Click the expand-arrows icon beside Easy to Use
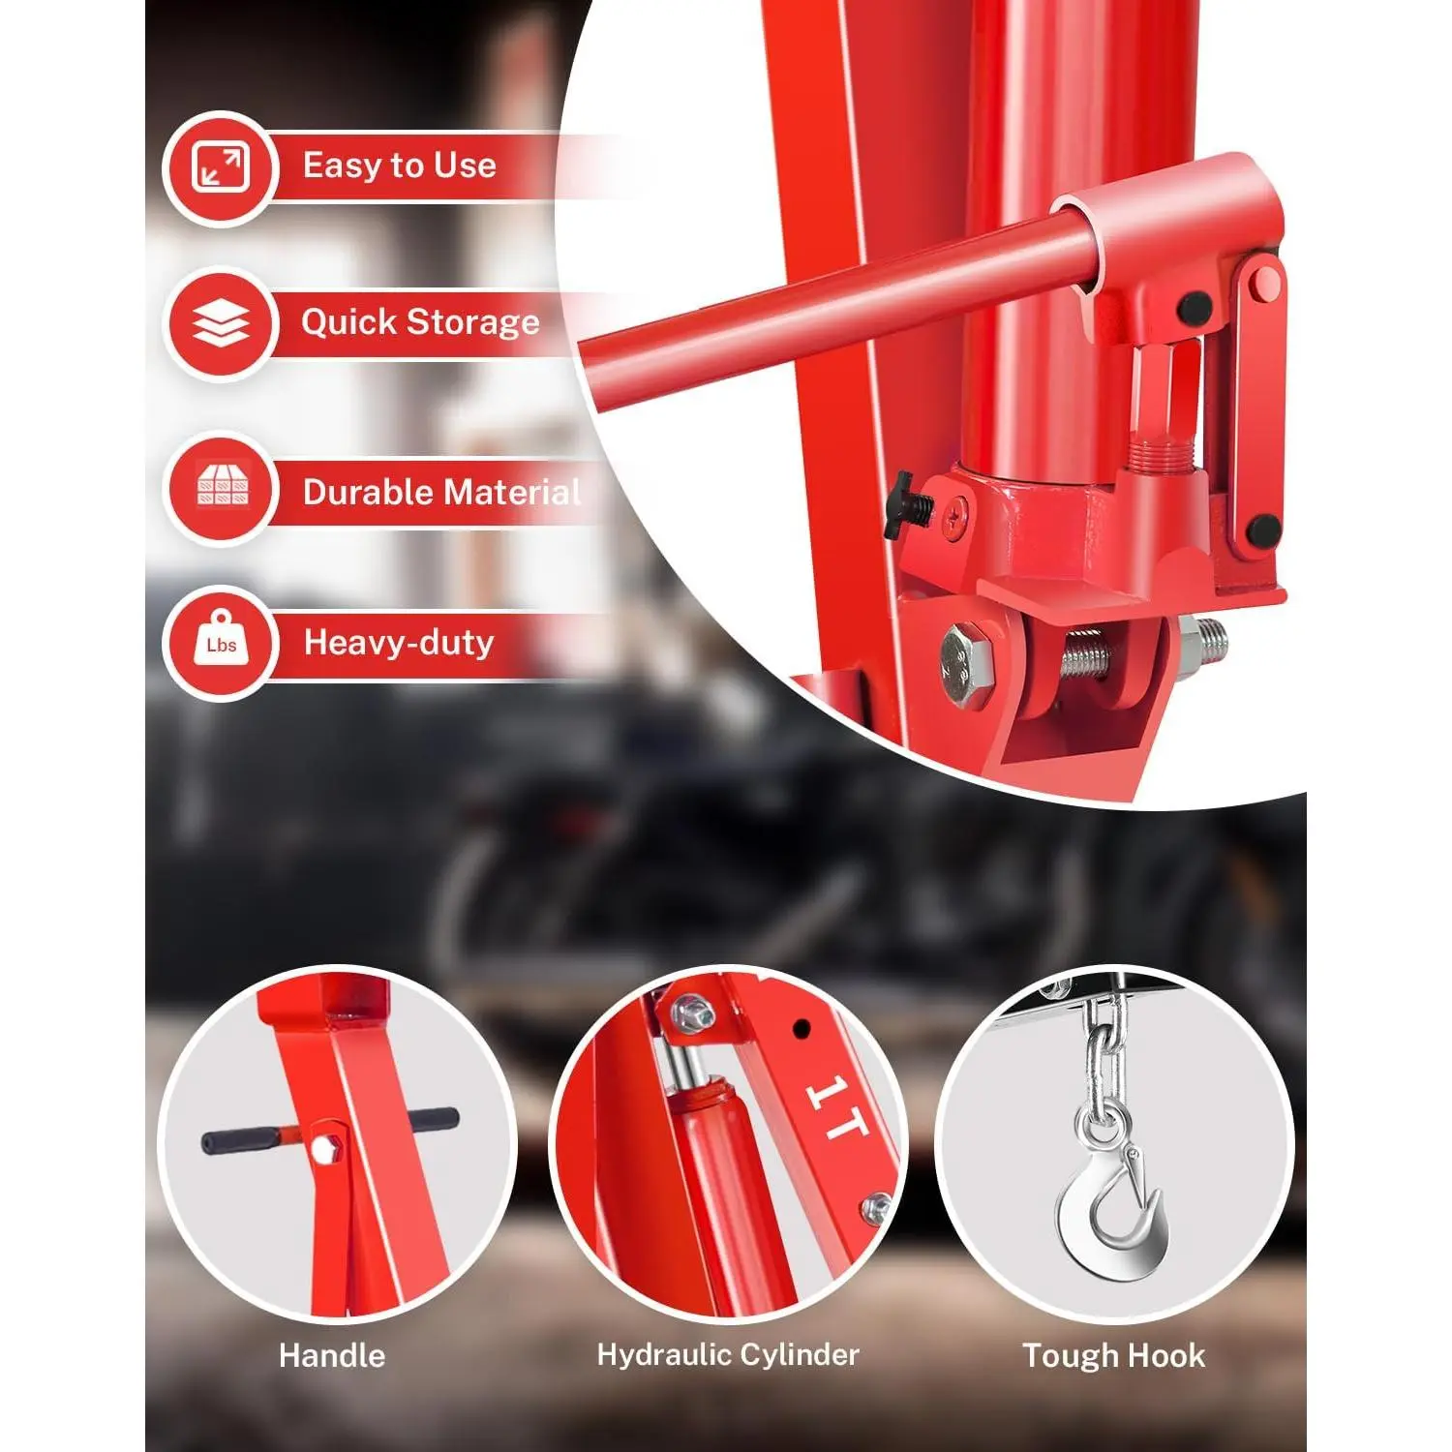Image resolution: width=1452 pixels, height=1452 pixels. (x=221, y=166)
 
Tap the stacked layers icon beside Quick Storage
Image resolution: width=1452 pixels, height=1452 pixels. (x=222, y=323)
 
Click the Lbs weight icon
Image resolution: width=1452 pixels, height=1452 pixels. (x=222, y=641)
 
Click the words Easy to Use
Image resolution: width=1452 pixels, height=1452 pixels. (x=399, y=166)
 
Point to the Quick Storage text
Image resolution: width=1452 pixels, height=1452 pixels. (x=420, y=322)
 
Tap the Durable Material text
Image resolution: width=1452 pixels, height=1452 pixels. (x=442, y=492)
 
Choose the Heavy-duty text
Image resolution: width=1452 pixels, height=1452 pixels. (x=399, y=643)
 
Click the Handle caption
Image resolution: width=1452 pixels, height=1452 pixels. (x=332, y=1355)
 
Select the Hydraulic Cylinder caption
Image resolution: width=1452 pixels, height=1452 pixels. (x=728, y=1355)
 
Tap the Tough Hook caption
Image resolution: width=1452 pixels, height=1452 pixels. (x=1114, y=1355)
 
